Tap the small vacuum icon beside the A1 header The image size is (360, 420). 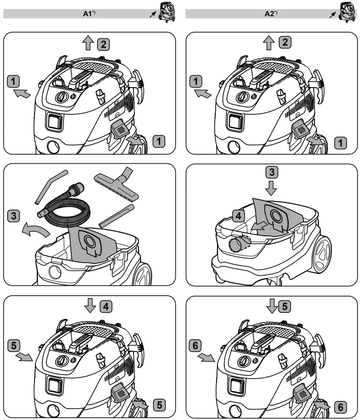[x=165, y=12]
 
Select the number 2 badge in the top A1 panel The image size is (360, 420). [x=104, y=44]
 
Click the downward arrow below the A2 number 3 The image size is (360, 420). [x=271, y=188]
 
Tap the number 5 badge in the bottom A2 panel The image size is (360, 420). [x=285, y=307]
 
